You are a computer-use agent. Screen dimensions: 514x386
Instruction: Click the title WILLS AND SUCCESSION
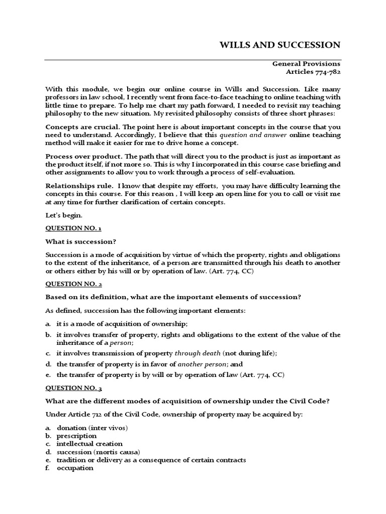280,45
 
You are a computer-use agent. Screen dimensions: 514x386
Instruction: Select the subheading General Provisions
306,64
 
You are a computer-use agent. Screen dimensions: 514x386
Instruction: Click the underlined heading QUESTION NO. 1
73,228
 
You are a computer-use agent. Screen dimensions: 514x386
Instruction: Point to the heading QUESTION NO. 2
73,284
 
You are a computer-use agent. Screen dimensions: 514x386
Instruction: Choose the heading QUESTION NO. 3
73,388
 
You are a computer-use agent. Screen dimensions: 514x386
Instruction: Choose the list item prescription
77,436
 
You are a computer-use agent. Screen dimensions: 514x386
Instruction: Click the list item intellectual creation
89,444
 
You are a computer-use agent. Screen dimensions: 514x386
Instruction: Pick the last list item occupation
75,468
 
